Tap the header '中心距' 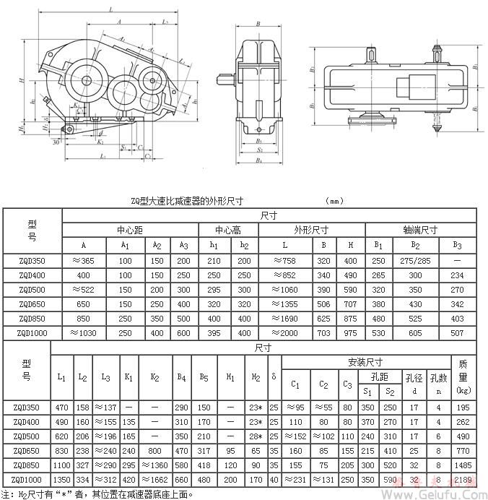(x=131, y=230)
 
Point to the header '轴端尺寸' (x=422, y=230)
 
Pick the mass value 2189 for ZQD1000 (x=463, y=479)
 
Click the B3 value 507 (x=457, y=333)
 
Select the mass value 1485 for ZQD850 (x=463, y=465)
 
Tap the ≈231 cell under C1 (x=296, y=479)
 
